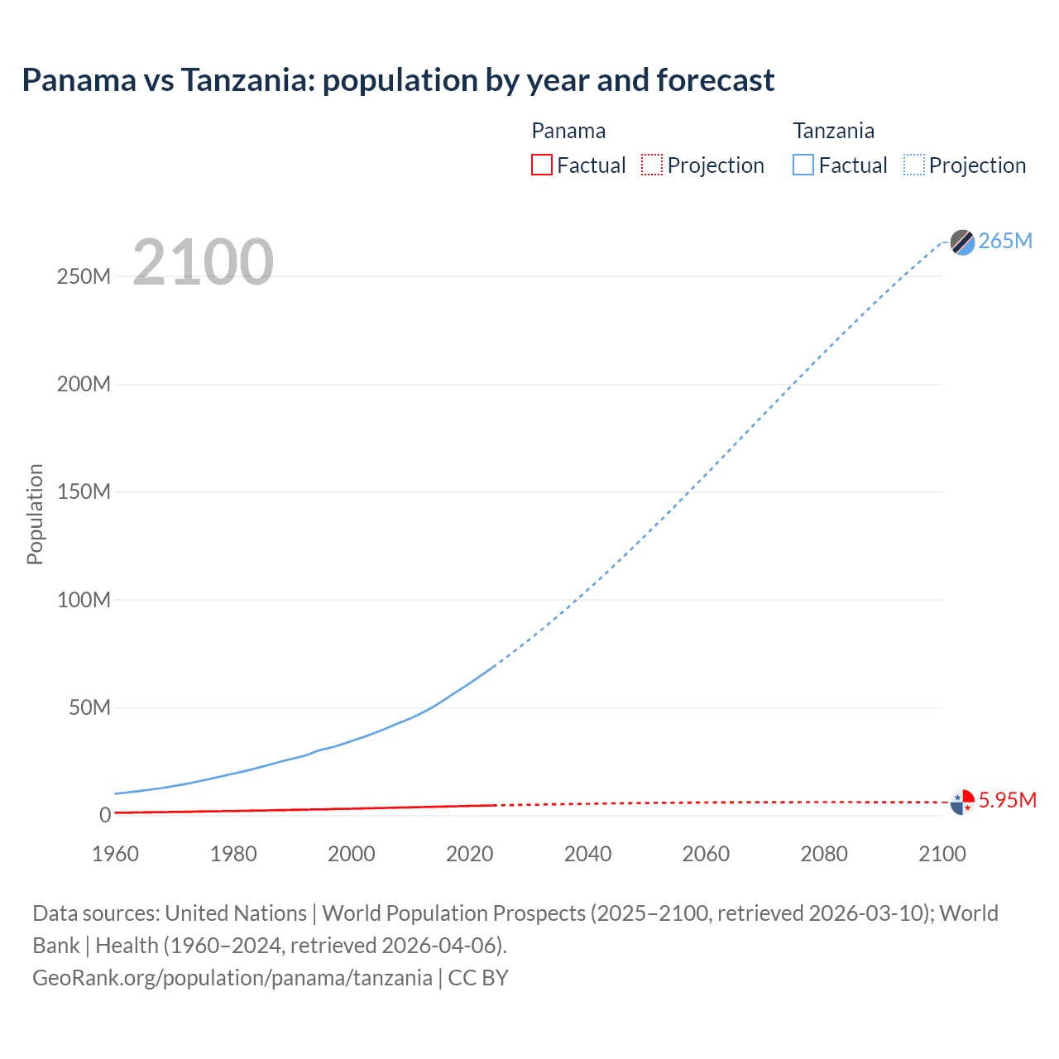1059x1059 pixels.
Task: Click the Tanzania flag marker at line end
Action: point(962,242)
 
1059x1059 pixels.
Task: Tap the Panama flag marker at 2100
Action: point(962,802)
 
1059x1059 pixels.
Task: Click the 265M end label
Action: point(1005,241)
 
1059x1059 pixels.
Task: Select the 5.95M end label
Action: point(1007,800)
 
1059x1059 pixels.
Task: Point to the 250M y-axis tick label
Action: point(84,276)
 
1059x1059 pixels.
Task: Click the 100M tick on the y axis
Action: point(84,600)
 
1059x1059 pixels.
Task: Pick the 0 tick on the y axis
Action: point(105,815)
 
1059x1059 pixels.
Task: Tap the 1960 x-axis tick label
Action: point(115,854)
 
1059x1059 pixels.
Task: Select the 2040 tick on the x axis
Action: point(587,854)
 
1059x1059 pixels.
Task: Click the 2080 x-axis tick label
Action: point(824,854)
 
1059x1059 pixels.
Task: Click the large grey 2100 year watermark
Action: point(203,262)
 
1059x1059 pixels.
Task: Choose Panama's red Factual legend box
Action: point(542,165)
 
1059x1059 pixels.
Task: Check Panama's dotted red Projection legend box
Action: point(652,165)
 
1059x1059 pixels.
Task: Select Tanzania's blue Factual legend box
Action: point(803,165)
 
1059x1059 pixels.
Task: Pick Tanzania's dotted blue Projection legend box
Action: point(914,165)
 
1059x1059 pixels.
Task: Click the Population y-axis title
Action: point(35,514)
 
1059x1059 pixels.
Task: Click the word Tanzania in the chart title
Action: point(247,80)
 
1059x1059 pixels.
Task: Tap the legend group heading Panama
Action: point(568,131)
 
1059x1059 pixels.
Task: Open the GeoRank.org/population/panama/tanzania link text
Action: point(232,977)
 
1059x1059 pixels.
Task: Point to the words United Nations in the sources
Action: point(236,913)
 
